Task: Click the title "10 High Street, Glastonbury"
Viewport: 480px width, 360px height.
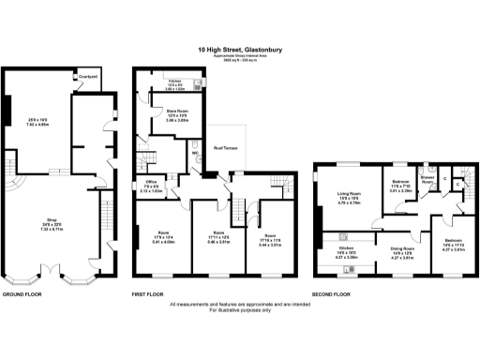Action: click(x=240, y=50)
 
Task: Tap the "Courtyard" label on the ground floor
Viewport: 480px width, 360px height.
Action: click(x=89, y=76)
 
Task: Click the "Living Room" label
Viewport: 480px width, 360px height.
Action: click(x=350, y=193)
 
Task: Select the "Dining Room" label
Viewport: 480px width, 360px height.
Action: click(x=401, y=247)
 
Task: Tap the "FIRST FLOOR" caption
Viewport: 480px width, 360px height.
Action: click(x=150, y=293)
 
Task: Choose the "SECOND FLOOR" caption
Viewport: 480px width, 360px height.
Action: click(x=331, y=293)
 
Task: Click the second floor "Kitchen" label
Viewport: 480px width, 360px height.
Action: click(x=347, y=247)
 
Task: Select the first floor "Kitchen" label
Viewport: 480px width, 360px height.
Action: click(x=174, y=81)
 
